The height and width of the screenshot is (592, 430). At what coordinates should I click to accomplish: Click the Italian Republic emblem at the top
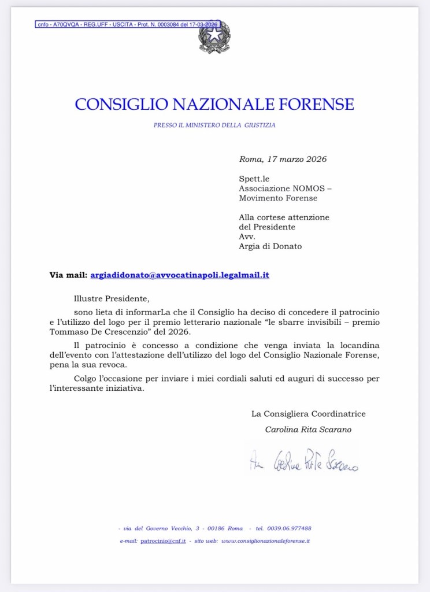click(x=214, y=37)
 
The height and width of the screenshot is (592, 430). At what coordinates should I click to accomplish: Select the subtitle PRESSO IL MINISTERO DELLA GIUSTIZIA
click(x=214, y=124)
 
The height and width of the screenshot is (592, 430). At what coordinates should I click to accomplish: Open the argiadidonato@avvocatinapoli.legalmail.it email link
click(x=180, y=275)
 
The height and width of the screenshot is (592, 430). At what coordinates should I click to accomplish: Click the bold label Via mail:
click(x=68, y=275)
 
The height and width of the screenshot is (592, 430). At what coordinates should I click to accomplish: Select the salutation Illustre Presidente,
click(x=112, y=299)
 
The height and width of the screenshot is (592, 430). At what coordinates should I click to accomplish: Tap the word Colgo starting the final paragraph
click(x=86, y=378)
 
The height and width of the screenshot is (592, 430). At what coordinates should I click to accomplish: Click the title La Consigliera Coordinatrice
click(x=308, y=414)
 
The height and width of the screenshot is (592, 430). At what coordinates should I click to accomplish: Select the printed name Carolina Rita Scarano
click(x=308, y=430)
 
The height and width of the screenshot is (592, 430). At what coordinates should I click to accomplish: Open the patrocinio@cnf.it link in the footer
click(x=163, y=541)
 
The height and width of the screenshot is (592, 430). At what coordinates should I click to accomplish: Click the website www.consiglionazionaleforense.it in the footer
click(x=266, y=541)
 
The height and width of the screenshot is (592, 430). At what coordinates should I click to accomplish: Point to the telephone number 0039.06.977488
click(x=291, y=528)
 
